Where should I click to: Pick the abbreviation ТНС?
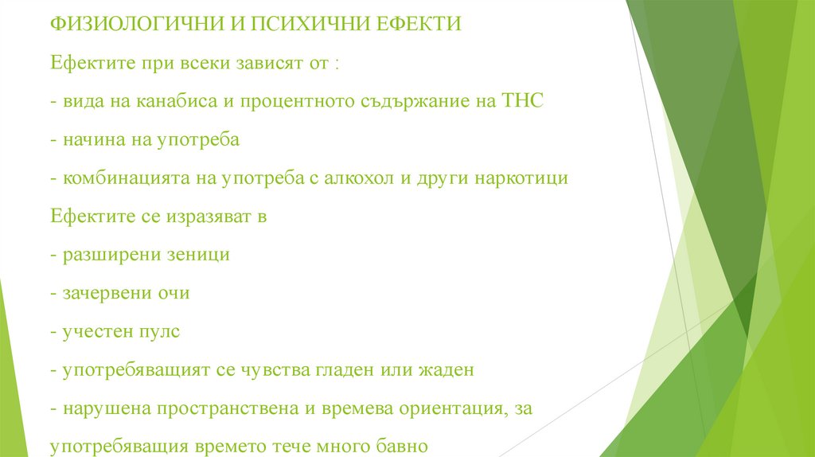pyautogui.click(x=521, y=102)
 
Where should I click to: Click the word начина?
pyautogui.click(x=88, y=140)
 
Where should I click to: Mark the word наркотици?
pyautogui.click(x=521, y=178)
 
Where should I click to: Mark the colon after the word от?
pyautogui.click(x=337, y=65)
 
